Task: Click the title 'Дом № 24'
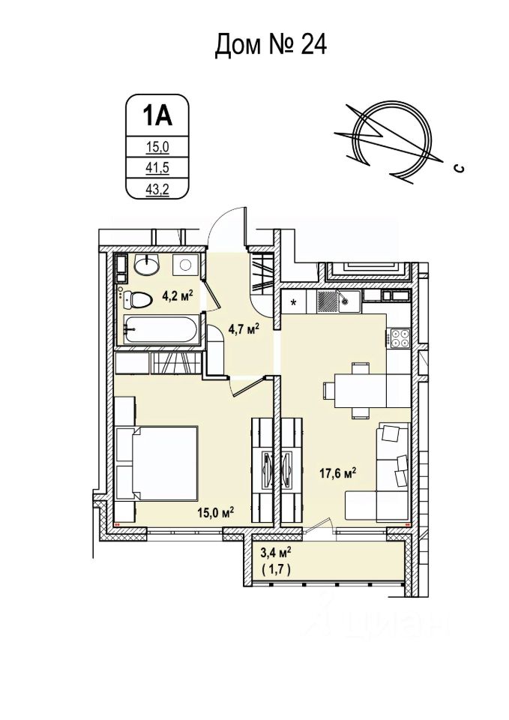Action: [x=271, y=46]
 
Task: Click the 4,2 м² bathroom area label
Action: [x=178, y=295]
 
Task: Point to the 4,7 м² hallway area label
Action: [x=243, y=327]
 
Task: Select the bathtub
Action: [x=161, y=331]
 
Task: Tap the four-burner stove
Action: [x=399, y=339]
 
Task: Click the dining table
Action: [x=358, y=389]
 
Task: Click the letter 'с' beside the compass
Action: [x=457, y=169]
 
